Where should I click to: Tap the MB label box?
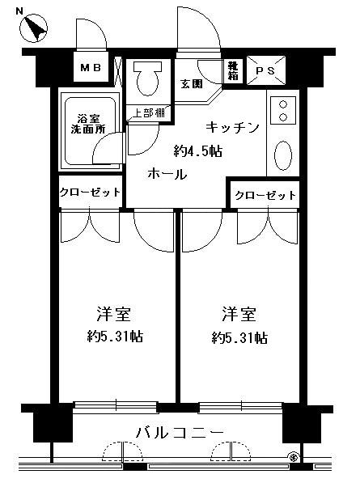[90, 70]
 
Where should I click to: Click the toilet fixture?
[148, 78]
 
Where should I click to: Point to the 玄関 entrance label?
[191, 84]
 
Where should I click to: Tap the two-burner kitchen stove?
[283, 110]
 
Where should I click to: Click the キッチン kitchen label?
[231, 127]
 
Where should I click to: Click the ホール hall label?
[167, 174]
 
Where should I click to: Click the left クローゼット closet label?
[90, 193]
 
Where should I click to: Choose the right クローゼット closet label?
[265, 196]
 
